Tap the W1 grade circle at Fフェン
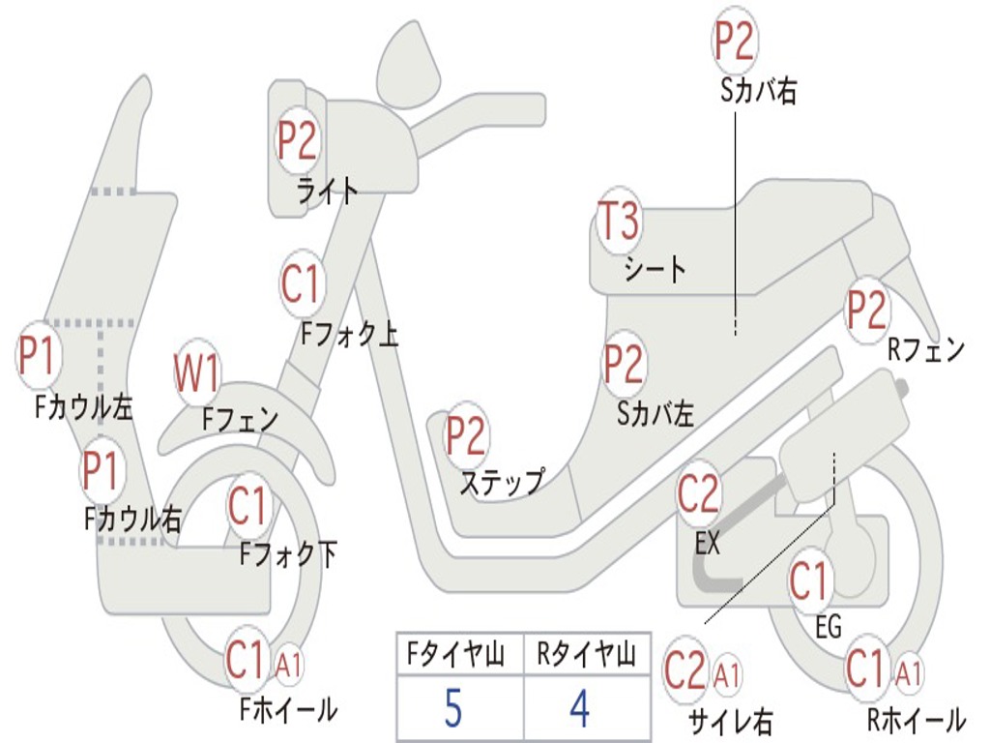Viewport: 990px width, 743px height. (x=197, y=374)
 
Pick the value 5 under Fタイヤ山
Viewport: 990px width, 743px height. (x=453, y=709)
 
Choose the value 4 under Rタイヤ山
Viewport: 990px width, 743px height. (x=580, y=709)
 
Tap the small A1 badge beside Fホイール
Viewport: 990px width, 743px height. (x=289, y=665)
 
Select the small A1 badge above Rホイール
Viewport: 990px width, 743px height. (x=909, y=669)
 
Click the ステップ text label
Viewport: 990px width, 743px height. (x=501, y=481)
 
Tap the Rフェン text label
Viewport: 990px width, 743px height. (x=926, y=350)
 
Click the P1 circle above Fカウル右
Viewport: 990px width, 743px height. (x=101, y=470)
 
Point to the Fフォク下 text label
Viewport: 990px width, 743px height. (x=288, y=554)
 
